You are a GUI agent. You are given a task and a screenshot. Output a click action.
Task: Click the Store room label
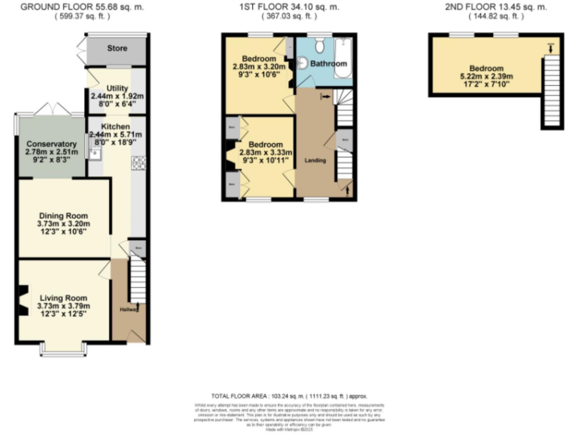coord(117,49)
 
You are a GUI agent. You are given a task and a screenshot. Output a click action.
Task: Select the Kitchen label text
coord(111,126)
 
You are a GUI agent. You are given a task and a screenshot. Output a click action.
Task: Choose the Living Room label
coord(63,297)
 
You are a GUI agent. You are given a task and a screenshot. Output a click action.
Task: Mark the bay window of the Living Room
coord(63,350)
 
